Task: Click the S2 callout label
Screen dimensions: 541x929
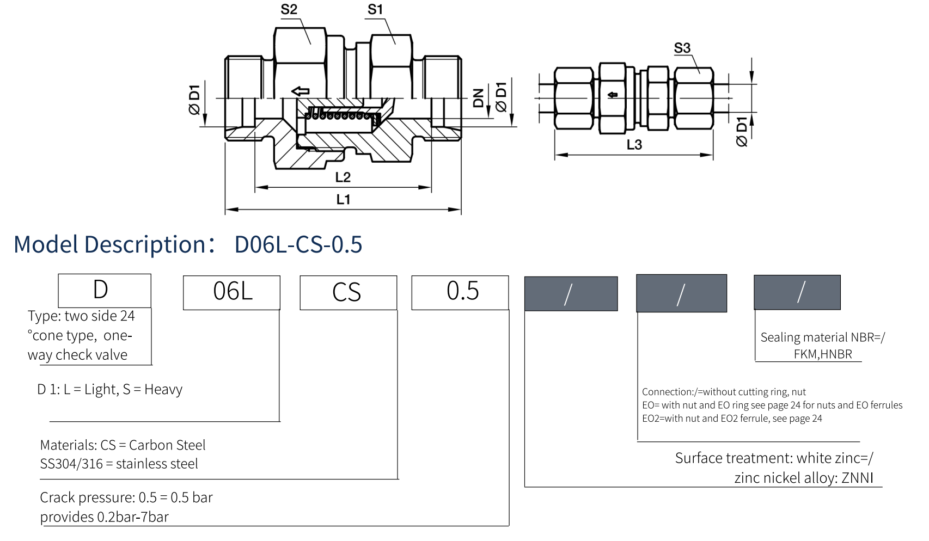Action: [x=289, y=10]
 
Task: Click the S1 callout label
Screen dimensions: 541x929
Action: [x=375, y=10]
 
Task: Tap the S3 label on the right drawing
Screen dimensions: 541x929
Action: [x=682, y=48]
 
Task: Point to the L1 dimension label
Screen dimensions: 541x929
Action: [x=343, y=200]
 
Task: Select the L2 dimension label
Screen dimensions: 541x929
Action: [x=343, y=177]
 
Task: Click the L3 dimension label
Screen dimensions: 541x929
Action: [x=634, y=145]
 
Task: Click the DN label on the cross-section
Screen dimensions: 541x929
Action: [x=479, y=98]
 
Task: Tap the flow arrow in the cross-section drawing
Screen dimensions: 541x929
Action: [x=300, y=91]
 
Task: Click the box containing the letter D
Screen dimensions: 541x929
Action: [x=105, y=291]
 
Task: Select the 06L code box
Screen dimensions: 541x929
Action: [x=232, y=292]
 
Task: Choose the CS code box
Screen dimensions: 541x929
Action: [x=348, y=292]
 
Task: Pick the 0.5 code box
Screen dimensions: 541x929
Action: [x=460, y=292]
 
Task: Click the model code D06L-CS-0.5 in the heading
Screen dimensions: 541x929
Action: [x=298, y=245]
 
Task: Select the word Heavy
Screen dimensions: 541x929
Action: [x=163, y=390]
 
